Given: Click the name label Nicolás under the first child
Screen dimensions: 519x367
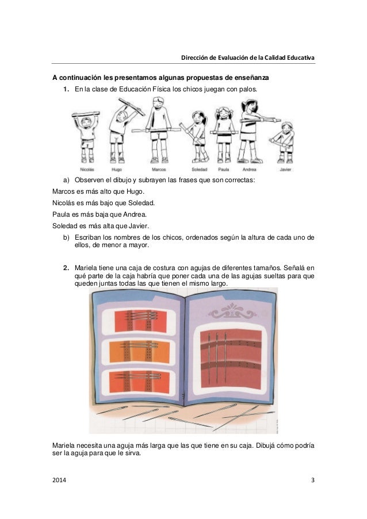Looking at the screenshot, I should coord(87,170).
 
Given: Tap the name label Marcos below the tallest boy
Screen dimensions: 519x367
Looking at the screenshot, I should coord(158,170).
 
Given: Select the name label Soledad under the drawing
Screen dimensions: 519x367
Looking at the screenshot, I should coord(199,170).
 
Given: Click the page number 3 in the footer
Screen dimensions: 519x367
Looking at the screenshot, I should coord(312,479).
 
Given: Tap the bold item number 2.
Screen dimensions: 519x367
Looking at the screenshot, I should coord(66,267).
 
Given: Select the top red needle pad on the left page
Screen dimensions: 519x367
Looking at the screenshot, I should coord(137,317).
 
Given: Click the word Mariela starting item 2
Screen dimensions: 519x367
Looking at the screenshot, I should coord(87,267).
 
